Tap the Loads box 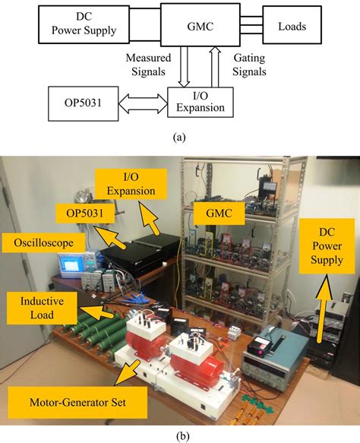point(292,26)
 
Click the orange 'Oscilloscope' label point(33,242)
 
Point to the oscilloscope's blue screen point(74,264)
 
